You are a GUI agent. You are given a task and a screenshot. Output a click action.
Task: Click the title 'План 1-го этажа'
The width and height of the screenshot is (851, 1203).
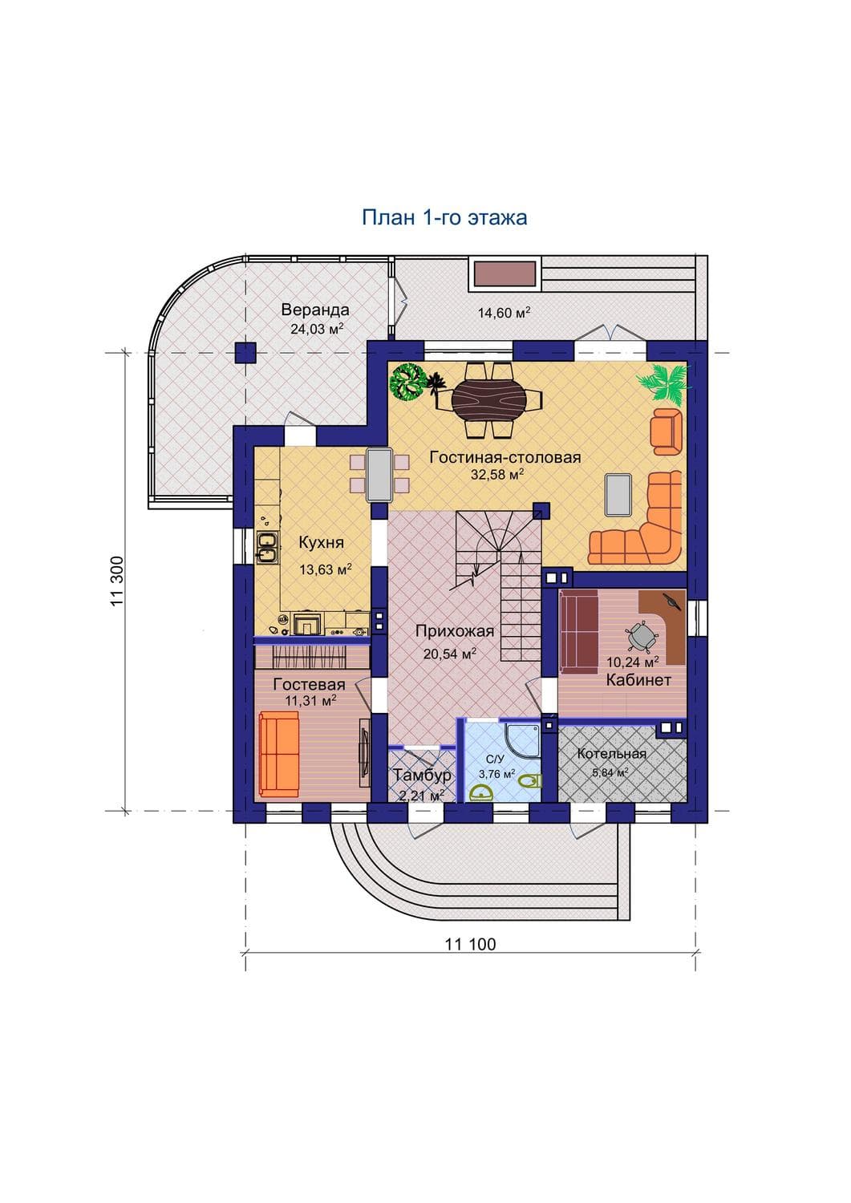[444, 217]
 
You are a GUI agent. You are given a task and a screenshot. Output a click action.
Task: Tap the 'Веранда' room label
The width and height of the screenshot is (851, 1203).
[315, 310]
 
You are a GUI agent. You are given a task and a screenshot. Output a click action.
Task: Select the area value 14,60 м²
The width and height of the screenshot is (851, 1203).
[505, 312]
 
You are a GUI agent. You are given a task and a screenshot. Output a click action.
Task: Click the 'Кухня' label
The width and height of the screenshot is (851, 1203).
[322, 542]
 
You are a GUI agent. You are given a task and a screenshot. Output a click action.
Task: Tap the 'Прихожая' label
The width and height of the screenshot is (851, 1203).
[455, 631]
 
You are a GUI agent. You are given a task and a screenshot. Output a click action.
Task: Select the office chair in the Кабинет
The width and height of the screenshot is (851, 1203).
[641, 637]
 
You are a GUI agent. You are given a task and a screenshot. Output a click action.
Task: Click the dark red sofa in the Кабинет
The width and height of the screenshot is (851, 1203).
[579, 630]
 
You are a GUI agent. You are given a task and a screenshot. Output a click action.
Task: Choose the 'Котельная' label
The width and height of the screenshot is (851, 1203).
[611, 754]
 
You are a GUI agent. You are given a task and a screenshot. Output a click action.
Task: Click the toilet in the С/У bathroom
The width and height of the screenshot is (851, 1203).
[532, 780]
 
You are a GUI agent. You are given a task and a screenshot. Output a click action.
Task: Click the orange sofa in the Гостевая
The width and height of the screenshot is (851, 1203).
[279, 755]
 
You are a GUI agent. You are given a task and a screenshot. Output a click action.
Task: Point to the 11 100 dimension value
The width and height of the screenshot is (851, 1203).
[470, 944]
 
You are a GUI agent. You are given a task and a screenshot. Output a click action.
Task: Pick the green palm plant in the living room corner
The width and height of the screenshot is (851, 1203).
[664, 380]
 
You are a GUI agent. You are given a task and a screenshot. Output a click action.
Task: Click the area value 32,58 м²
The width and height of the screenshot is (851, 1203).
[497, 474]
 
